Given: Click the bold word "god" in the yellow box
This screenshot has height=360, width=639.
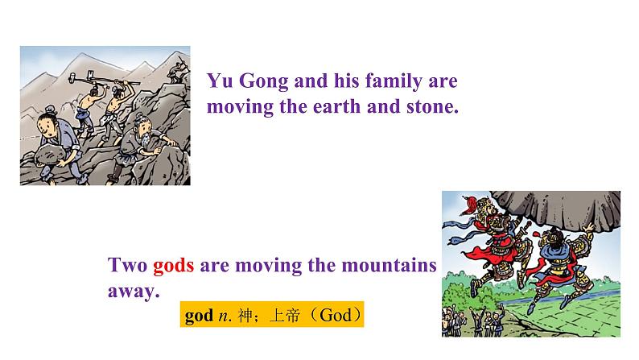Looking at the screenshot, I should point(198,315).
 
